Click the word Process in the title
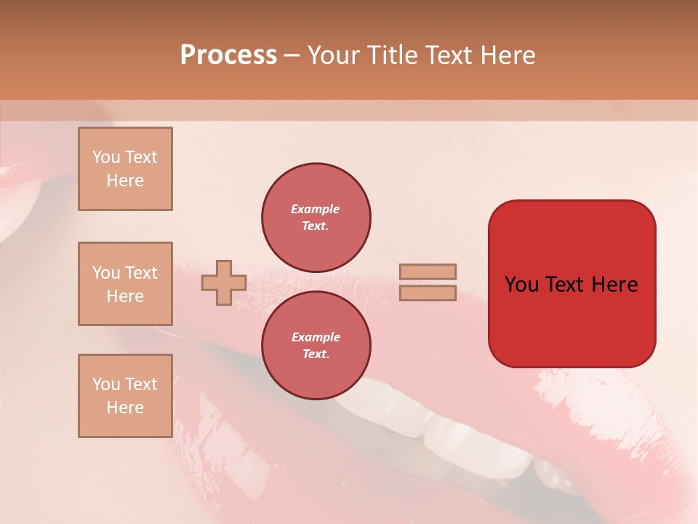(x=228, y=55)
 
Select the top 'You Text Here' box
(x=125, y=169)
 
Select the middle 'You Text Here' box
(x=125, y=284)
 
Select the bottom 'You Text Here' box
(x=125, y=396)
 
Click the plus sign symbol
(x=224, y=282)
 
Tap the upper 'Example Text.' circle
(x=316, y=218)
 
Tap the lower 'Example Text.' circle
(x=316, y=346)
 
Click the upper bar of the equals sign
(x=428, y=271)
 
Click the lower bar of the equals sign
(x=428, y=293)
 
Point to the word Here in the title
(x=506, y=55)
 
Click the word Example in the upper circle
(x=316, y=209)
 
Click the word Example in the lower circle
(x=316, y=337)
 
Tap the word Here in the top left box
(x=125, y=180)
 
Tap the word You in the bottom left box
(x=106, y=384)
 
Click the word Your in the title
(x=334, y=55)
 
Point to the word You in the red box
(x=521, y=285)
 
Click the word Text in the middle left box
(x=140, y=273)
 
